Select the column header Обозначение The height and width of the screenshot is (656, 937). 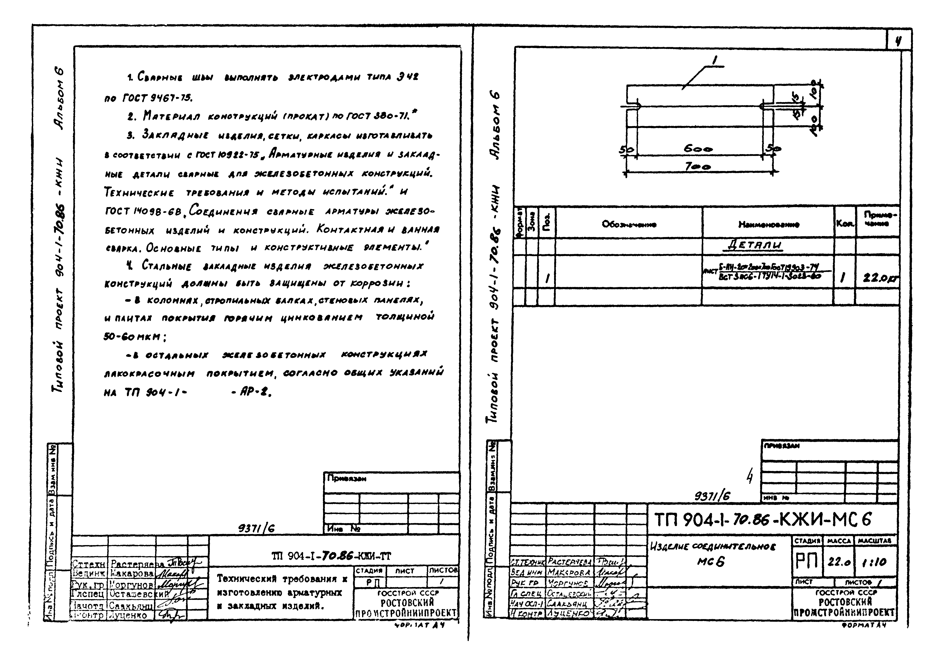pyautogui.click(x=629, y=224)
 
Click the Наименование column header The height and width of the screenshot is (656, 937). pyautogui.click(x=768, y=224)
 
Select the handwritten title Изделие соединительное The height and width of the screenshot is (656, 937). pyautogui.click(x=713, y=547)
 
